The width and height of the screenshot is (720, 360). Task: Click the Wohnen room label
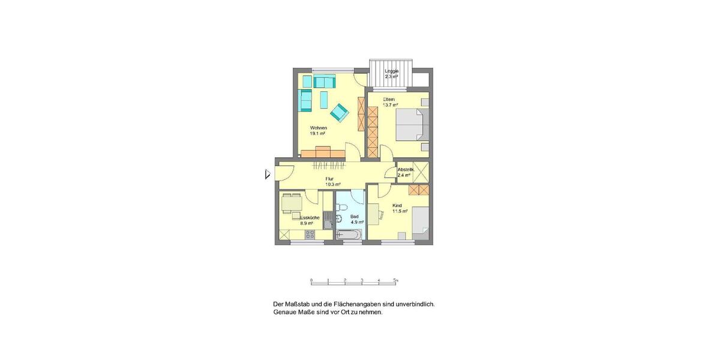pos(318,128)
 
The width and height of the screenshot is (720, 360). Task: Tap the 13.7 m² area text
pos(391,105)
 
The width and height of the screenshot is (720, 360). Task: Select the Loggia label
pos(392,71)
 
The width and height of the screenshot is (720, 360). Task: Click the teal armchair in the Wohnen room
pos(339,112)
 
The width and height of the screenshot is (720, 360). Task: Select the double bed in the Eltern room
pos(412,125)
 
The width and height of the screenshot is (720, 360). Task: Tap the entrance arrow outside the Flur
pos(268,175)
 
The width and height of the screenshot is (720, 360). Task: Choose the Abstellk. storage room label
pos(406,170)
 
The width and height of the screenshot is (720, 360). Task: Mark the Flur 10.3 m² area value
pos(333,184)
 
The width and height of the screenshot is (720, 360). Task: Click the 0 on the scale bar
pos(311,280)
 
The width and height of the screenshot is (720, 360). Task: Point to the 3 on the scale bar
pos(362,280)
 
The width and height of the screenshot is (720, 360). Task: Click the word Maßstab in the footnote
pos(299,304)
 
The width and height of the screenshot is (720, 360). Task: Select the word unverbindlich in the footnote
pos(413,304)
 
